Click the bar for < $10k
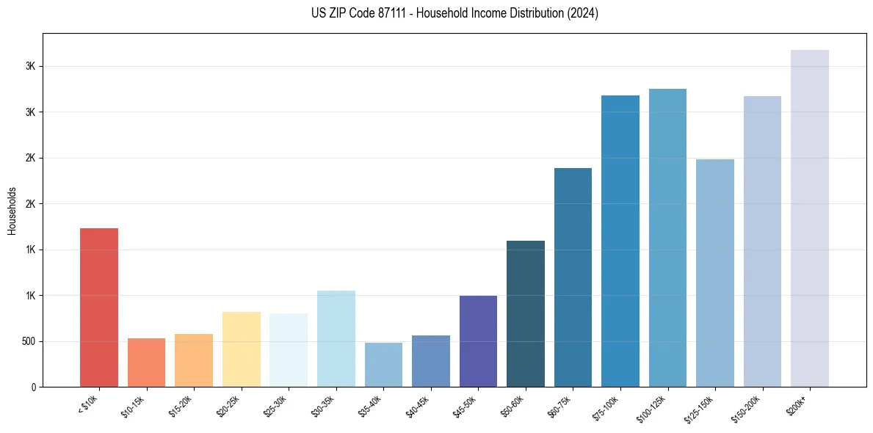pyautogui.click(x=99, y=308)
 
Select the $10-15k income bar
pyautogui.click(x=146, y=363)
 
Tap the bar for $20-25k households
pyautogui.click(x=241, y=349)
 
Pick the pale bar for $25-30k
pyautogui.click(x=289, y=350)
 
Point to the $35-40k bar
pyautogui.click(x=383, y=365)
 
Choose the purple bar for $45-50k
pyautogui.click(x=478, y=341)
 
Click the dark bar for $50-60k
pyautogui.click(x=526, y=314)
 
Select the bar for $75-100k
pyautogui.click(x=620, y=241)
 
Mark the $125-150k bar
pyautogui.click(x=715, y=273)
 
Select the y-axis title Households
pyautogui.click(x=12, y=210)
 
